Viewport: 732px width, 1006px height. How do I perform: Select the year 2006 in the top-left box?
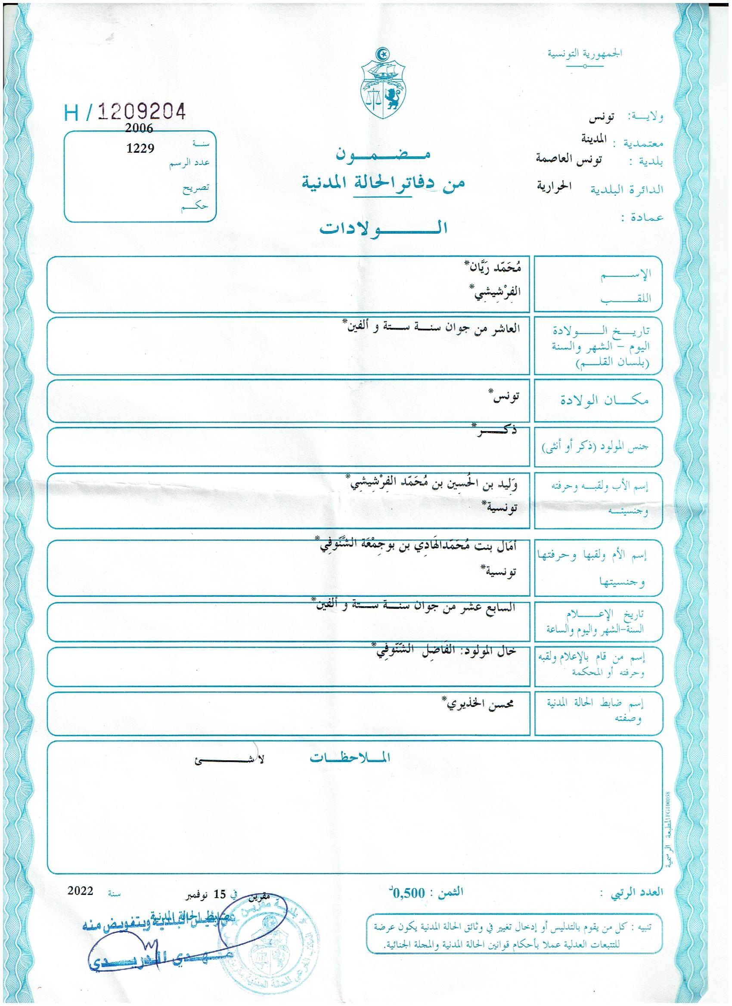139,128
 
